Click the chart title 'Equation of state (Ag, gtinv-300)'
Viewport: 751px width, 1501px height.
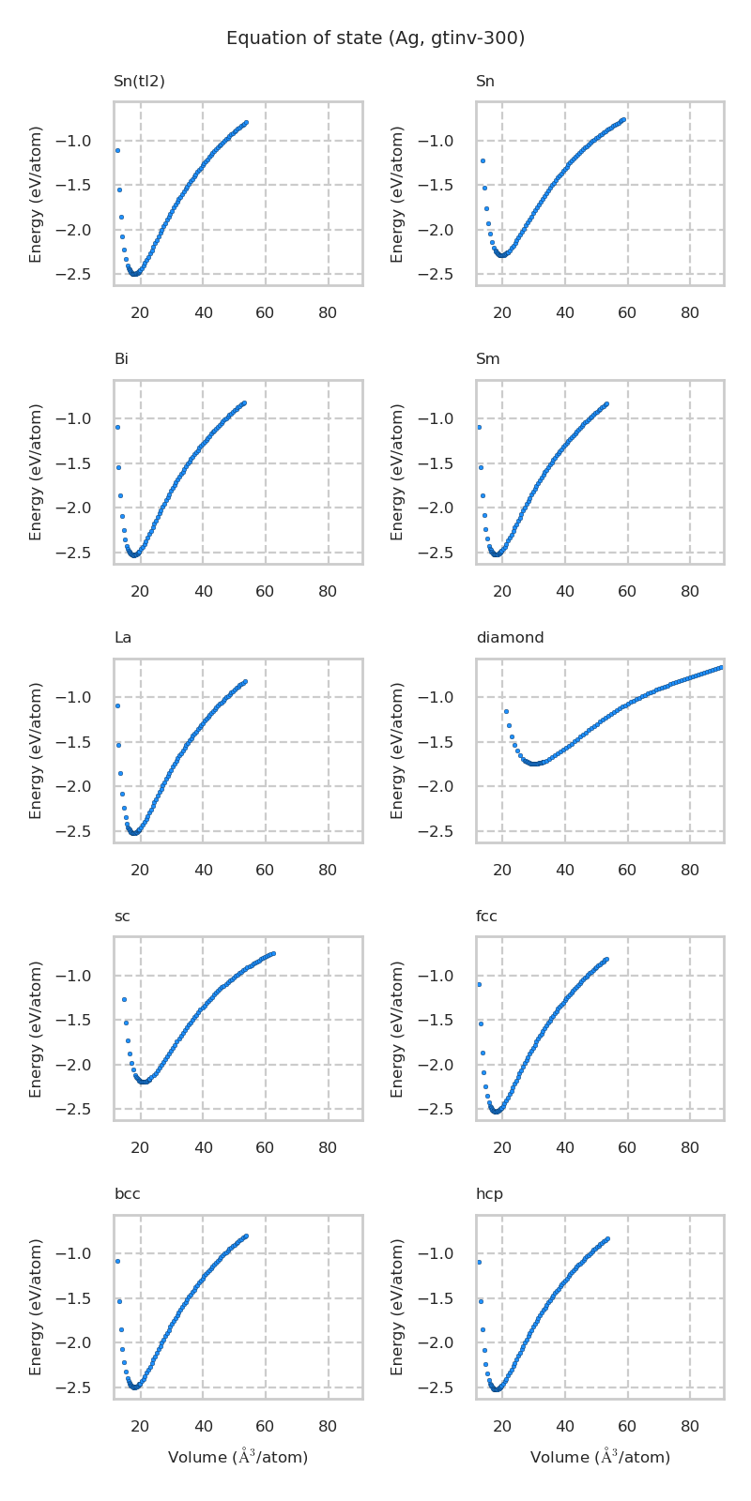(375, 38)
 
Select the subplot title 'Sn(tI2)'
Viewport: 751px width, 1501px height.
(139, 82)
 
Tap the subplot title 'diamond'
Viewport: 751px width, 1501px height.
(510, 638)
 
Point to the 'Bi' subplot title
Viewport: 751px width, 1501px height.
(121, 359)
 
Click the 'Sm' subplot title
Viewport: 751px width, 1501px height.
(487, 359)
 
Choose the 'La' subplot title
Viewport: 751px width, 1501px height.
(122, 638)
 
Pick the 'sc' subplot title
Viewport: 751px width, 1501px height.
(122, 917)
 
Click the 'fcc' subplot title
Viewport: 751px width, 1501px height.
(486, 917)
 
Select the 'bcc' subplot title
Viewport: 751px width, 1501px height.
(127, 1194)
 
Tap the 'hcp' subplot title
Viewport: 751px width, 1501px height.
(489, 1194)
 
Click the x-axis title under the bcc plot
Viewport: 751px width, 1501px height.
(238, 1457)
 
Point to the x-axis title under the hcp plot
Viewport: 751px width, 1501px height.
(600, 1457)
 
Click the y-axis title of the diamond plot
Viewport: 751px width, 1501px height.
(398, 750)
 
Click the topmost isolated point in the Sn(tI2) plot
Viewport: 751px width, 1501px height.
(117, 150)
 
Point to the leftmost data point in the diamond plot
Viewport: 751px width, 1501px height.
(505, 711)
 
